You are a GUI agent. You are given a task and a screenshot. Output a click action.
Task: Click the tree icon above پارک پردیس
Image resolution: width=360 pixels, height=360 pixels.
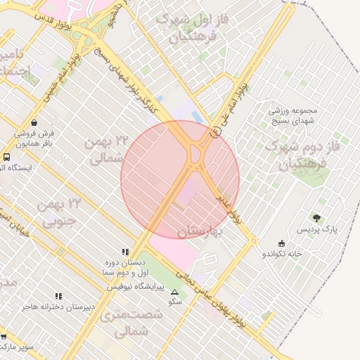pyautogui.click(x=316, y=218)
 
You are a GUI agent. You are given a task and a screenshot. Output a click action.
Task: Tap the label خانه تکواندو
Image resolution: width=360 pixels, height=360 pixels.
pyautogui.click(x=283, y=253)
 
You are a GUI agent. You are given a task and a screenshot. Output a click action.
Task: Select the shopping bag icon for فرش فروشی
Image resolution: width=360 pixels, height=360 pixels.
pyautogui.click(x=34, y=122)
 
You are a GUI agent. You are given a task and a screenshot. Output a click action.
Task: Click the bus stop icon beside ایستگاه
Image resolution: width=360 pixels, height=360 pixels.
pyautogui.click(x=6, y=157)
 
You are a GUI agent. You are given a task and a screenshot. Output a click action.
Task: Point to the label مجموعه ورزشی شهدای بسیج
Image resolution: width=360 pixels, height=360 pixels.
pyautogui.click(x=293, y=115)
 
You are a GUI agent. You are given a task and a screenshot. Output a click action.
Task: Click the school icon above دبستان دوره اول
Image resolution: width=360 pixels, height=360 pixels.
pyautogui.click(x=126, y=251)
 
